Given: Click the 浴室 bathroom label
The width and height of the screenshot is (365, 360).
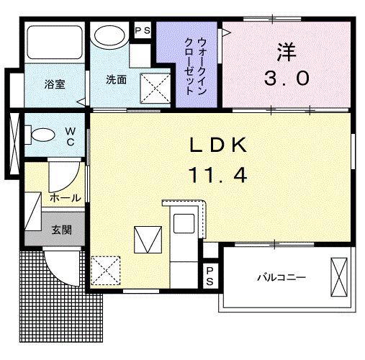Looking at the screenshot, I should (55, 84).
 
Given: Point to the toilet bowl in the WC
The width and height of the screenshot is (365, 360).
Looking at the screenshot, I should (43, 133).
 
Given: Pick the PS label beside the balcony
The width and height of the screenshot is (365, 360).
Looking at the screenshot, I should (209, 275).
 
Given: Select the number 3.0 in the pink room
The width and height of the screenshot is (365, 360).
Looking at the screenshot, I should (286, 78).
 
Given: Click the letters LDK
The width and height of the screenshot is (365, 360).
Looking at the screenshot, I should (218, 145).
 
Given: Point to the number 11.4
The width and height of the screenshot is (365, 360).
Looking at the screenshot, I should (218, 174).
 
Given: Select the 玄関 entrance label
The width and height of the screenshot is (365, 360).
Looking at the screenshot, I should (61, 230).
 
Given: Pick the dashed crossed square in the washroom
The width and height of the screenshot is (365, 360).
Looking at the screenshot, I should (153, 89).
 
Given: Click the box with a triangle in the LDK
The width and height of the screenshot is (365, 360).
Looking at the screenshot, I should (146, 240).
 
